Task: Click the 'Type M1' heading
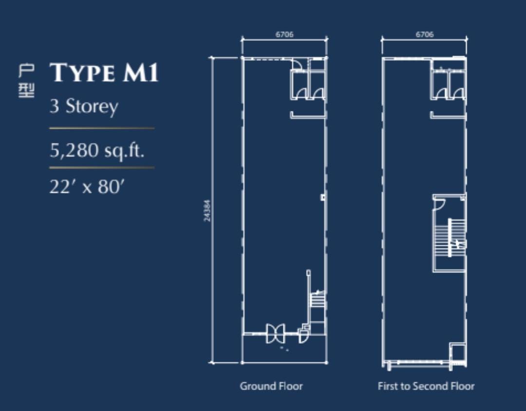[x=104, y=72]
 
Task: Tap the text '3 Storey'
[x=84, y=107]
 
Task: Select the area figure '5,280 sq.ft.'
[x=97, y=150]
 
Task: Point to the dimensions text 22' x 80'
[x=87, y=187]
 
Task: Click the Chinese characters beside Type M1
[x=26, y=81]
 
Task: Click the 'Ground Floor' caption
[x=271, y=386]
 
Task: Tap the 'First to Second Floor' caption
[x=426, y=386]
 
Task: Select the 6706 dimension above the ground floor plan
[x=284, y=34]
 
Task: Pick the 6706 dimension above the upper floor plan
[x=425, y=34]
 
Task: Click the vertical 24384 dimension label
[x=207, y=211]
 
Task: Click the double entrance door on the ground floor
[x=275, y=333]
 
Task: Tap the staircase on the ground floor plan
[x=318, y=299]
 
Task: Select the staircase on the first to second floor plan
[x=450, y=238]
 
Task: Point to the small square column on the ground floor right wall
[x=323, y=197]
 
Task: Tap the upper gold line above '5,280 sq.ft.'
[x=102, y=128]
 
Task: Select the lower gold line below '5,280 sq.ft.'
[x=102, y=167]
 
